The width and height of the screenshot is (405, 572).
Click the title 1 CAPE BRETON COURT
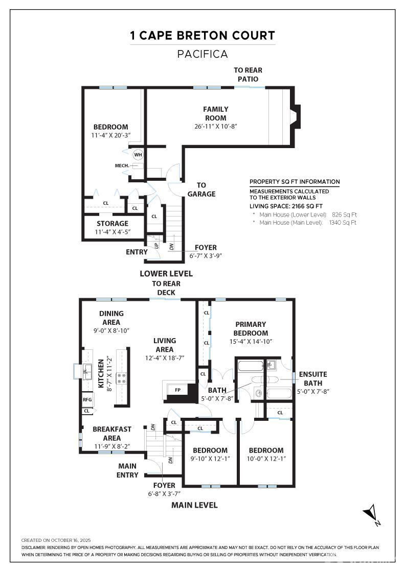click(202, 36)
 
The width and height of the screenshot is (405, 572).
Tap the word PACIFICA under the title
click(202, 54)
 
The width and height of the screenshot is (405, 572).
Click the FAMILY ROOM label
click(215, 113)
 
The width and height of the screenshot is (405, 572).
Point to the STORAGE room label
click(112, 224)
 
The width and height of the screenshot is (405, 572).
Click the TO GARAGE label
click(201, 189)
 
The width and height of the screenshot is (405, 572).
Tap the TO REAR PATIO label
click(248, 75)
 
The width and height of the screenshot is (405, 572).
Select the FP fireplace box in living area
click(177, 390)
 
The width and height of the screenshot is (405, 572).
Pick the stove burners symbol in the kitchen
click(122, 378)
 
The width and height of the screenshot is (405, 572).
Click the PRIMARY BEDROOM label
click(251, 328)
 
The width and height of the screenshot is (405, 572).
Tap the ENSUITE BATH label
click(313, 378)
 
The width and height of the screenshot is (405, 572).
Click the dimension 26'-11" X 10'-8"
click(216, 126)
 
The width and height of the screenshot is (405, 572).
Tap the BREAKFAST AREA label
click(112, 434)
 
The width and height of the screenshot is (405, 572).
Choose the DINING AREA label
click(111, 318)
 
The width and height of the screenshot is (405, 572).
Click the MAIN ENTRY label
click(127, 470)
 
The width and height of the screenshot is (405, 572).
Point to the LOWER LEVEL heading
click(166, 274)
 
